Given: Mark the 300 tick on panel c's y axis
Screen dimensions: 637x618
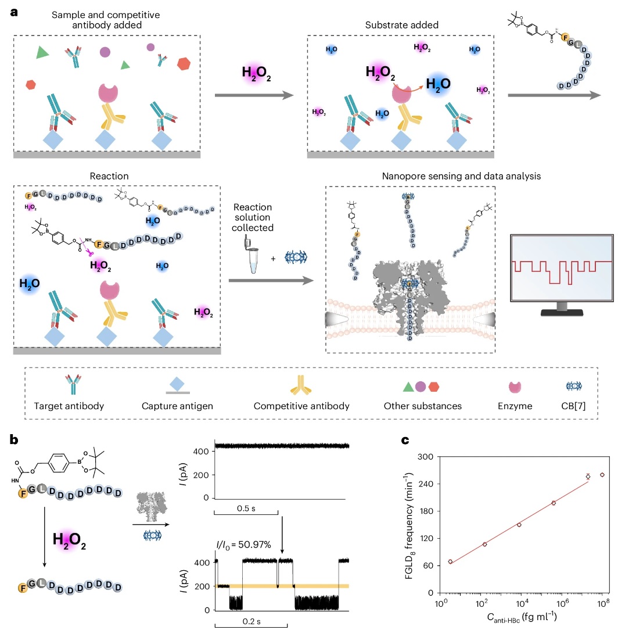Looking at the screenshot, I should click(429, 457).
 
